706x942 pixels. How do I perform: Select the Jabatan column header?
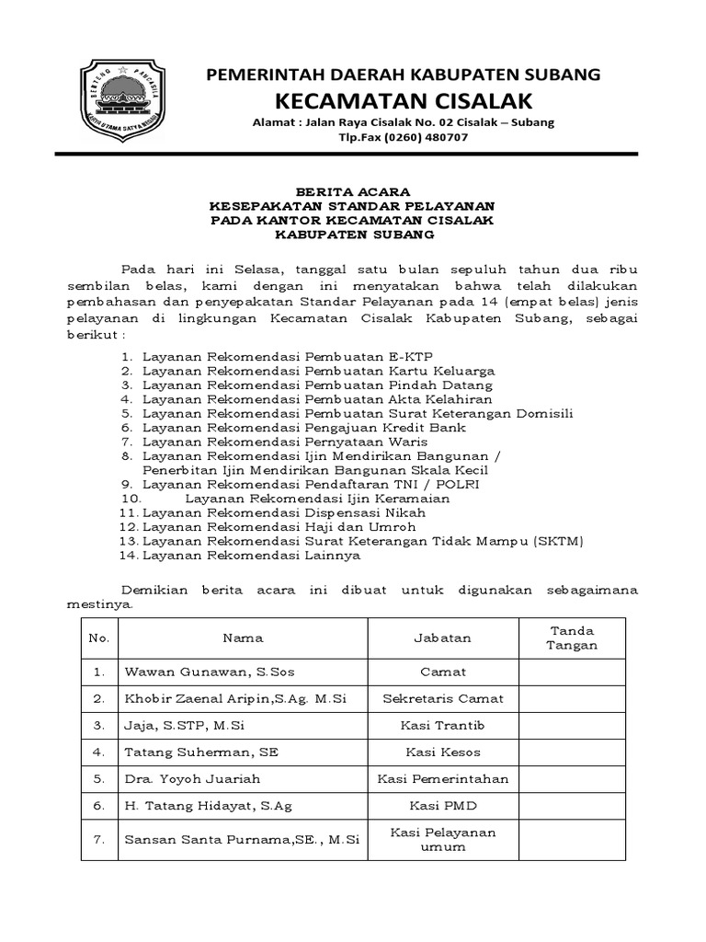pyautogui.click(x=443, y=638)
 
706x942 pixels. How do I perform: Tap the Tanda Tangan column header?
pyautogui.click(x=572, y=638)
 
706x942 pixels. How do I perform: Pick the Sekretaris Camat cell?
pyautogui.click(x=443, y=699)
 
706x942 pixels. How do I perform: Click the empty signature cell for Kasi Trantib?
pyautogui.click(x=572, y=726)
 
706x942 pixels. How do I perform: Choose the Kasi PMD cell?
pyautogui.click(x=443, y=806)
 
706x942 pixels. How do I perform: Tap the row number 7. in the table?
pyautogui.click(x=99, y=840)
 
